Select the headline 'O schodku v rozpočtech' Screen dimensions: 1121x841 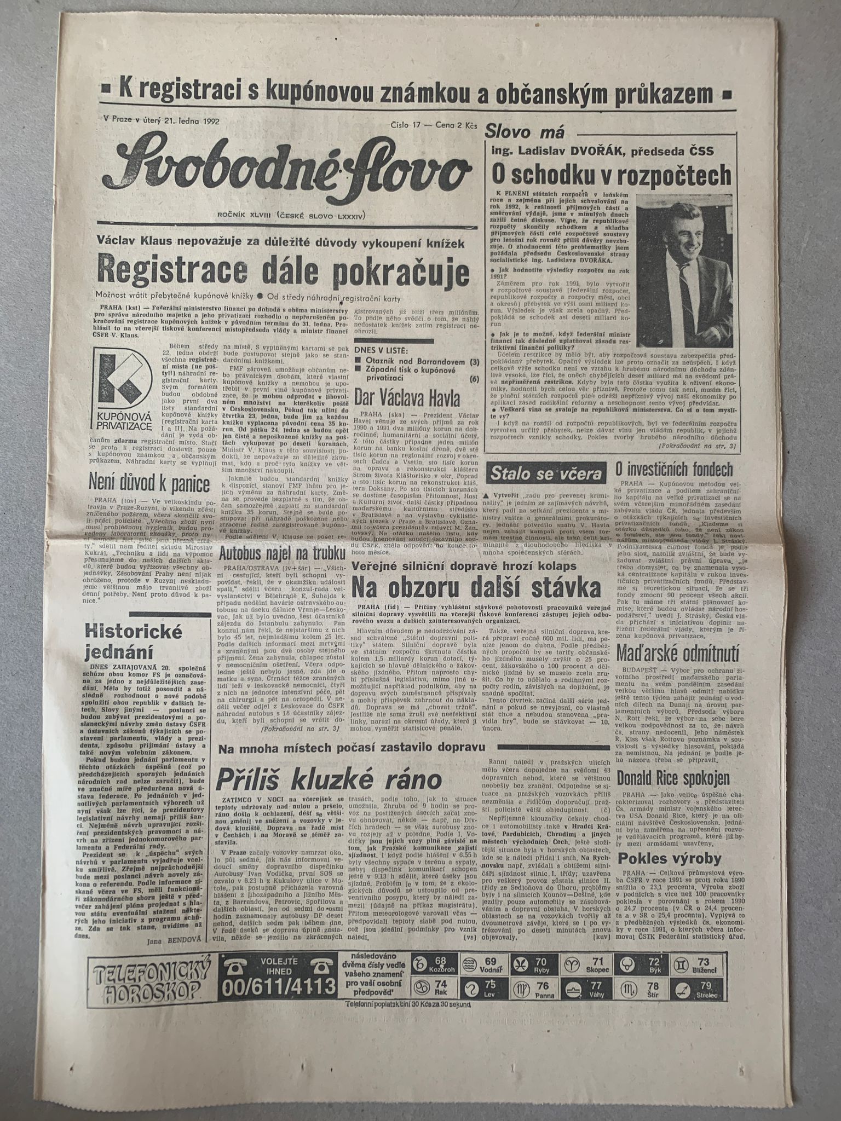point(610,175)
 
